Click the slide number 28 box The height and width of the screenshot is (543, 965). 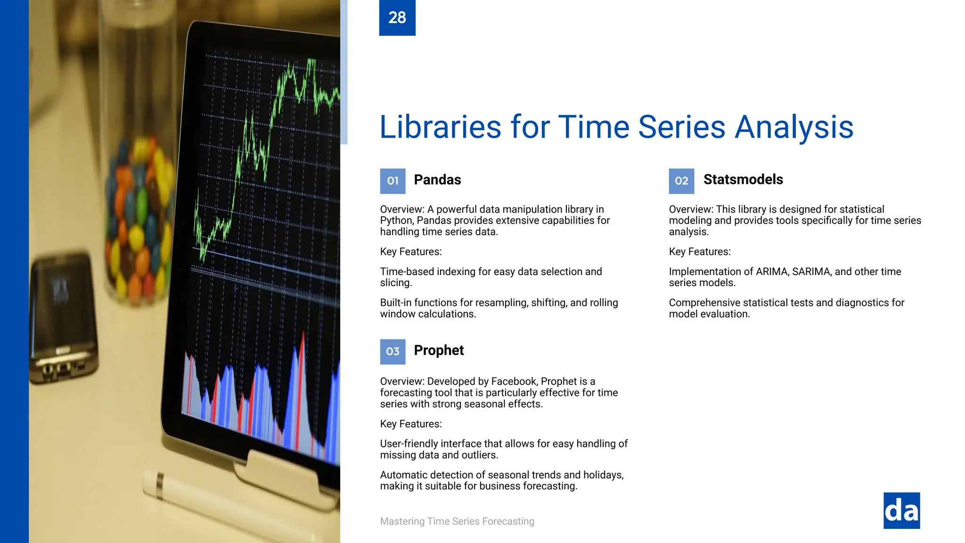(397, 17)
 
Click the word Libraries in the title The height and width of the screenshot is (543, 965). (440, 127)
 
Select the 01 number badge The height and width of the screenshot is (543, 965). (393, 181)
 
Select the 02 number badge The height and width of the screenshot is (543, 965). (681, 181)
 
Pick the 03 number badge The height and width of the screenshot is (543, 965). (393, 352)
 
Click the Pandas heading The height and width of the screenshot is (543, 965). (437, 180)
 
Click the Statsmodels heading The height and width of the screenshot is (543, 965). (743, 180)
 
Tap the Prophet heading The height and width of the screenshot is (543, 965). (439, 351)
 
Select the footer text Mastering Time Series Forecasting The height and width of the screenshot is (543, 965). (457, 521)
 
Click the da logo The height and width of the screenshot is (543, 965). (901, 511)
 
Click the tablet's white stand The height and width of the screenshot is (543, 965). (283, 476)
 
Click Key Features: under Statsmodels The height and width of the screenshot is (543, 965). (700, 252)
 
